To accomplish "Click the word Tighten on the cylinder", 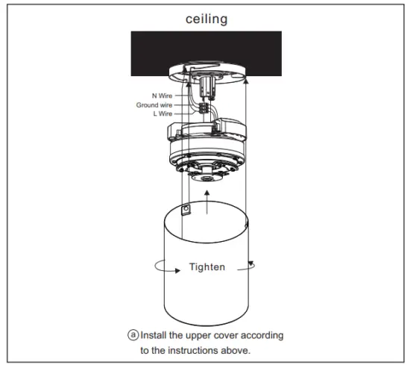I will (x=207, y=266).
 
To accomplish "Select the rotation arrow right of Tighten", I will (x=253, y=265).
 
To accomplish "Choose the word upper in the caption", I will (x=195, y=334).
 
